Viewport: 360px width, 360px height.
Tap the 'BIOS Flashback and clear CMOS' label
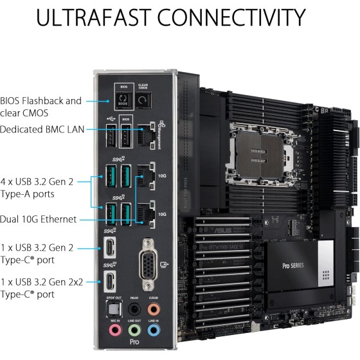coord(42,107)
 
